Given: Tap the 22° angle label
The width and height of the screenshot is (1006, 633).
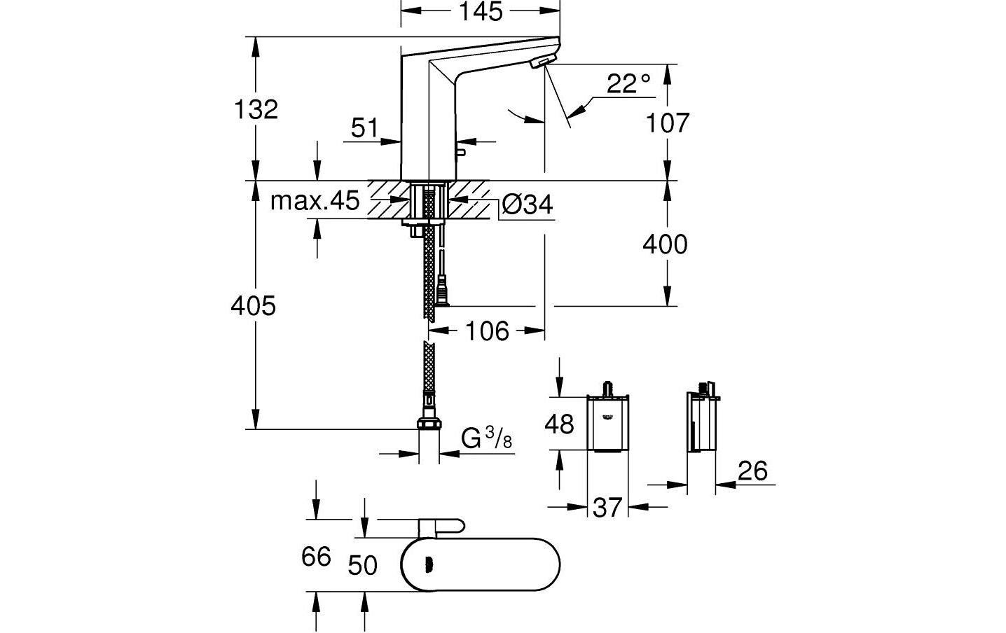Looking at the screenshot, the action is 628,85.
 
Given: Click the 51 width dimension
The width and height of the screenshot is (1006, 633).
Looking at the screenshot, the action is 364,128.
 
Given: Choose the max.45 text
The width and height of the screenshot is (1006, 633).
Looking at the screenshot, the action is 315,202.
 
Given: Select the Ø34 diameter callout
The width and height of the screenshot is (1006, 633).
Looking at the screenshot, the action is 528,204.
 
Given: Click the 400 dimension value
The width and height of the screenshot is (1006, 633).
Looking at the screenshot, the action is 666,244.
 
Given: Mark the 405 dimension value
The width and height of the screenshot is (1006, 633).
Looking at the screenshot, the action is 254,305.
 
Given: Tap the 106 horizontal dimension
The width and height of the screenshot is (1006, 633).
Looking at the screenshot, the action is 488,331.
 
